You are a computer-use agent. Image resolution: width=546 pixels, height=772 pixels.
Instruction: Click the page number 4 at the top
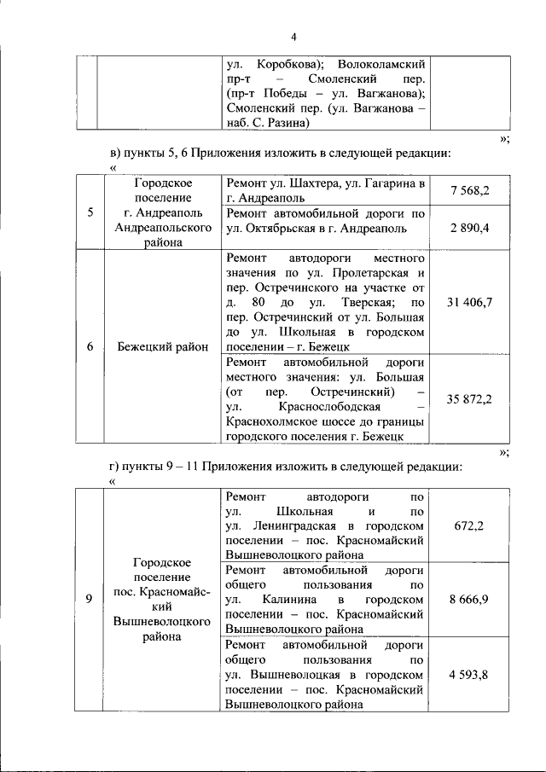293,37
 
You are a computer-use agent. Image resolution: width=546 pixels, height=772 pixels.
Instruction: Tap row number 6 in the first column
90,346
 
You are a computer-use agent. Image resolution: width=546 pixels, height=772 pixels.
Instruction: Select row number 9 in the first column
90,600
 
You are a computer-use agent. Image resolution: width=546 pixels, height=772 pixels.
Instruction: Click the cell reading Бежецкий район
162,346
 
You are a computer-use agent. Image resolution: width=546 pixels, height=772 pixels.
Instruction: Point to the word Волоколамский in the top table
381,63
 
